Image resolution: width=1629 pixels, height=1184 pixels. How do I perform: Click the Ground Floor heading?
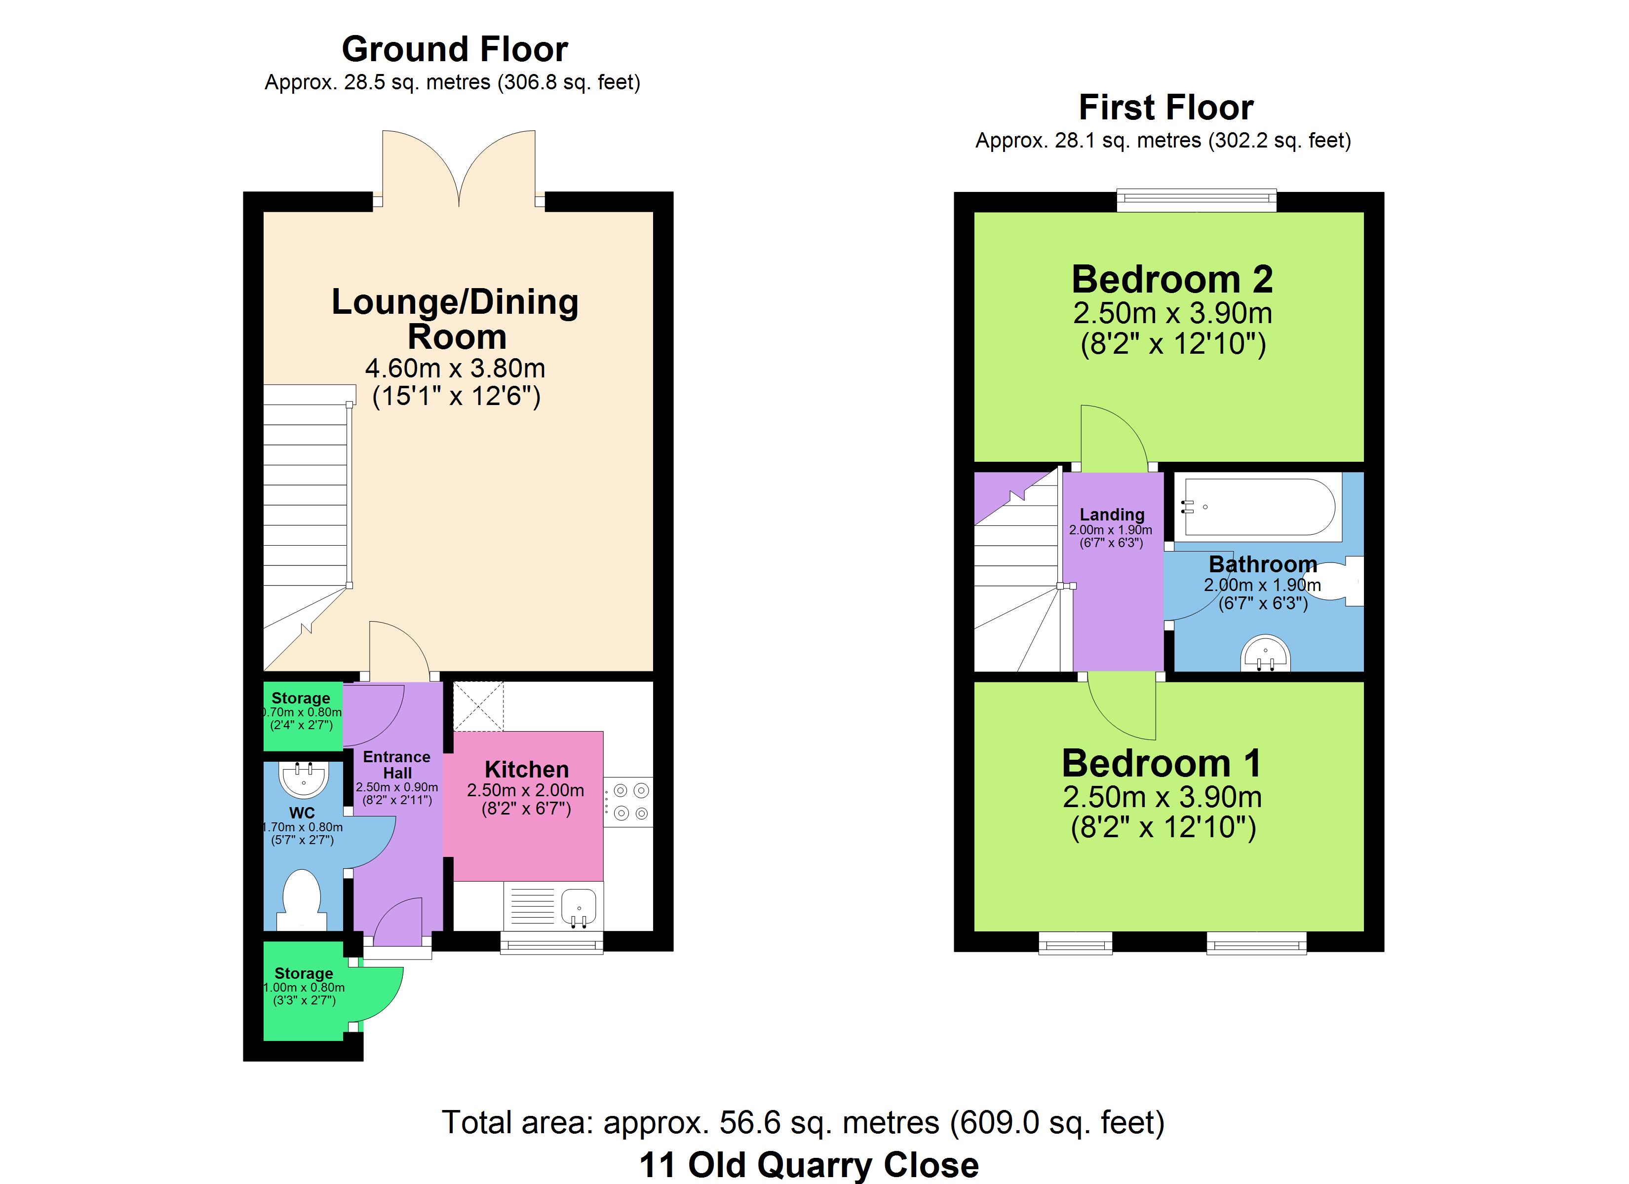pos(455,49)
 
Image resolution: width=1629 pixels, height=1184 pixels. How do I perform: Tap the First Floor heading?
pos(1166,108)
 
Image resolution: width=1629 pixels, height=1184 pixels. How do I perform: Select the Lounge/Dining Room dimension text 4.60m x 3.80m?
pos(455,369)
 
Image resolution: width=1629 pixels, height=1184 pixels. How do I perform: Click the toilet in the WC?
pos(301,901)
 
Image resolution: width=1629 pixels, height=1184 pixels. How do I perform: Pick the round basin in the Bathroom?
pos(1266,653)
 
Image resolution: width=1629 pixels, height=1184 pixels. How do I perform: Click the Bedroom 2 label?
pos(1172,279)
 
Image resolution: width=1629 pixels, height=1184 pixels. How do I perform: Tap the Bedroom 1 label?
pos(1162,763)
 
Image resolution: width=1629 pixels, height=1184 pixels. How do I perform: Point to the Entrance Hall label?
pos(396,765)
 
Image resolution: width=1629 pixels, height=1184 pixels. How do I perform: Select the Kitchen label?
pos(527,770)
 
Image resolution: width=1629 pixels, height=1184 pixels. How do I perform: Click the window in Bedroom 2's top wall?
pos(1197,200)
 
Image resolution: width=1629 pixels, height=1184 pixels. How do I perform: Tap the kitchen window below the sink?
pos(551,943)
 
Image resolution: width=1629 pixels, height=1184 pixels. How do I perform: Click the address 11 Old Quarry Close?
pos(809,1165)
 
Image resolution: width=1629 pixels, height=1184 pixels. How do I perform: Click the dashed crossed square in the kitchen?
pos(478,706)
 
